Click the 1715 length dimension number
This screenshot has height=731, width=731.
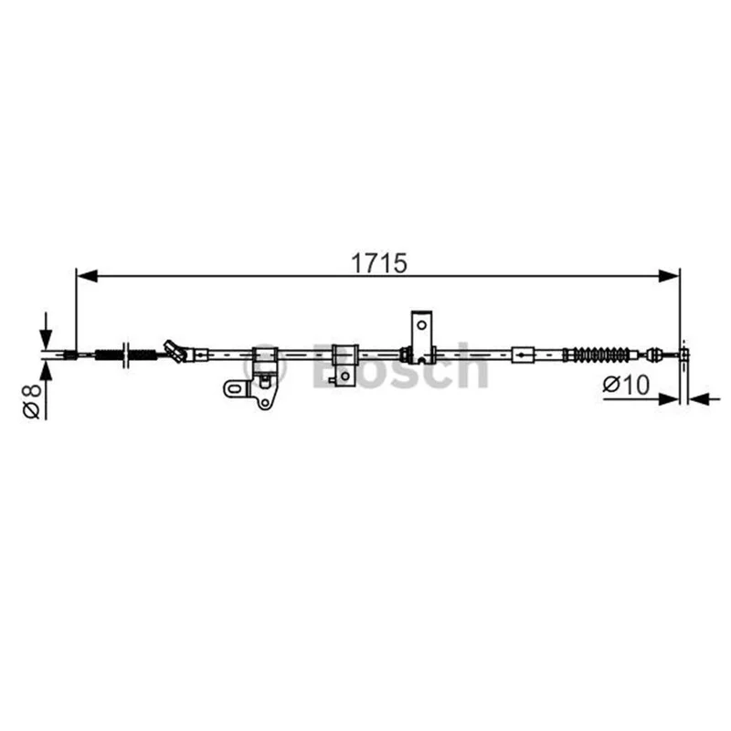(378, 263)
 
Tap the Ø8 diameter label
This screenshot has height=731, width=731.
(33, 400)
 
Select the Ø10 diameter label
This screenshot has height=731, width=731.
(626, 385)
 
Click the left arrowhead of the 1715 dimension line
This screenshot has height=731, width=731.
(87, 276)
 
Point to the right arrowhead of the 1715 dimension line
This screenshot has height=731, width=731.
(669, 276)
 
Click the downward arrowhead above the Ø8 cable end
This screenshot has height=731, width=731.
(46, 339)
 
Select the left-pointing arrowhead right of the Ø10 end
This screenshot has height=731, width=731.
(699, 399)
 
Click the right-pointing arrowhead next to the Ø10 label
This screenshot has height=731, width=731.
(669, 399)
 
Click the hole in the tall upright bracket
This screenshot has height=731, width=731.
(421, 325)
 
